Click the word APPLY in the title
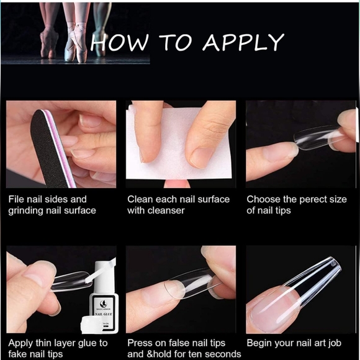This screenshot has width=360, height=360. (x=243, y=42)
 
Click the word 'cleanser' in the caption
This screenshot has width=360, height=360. (x=166, y=210)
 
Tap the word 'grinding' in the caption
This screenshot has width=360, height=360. (x=27, y=210)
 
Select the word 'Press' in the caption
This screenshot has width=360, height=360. (x=140, y=343)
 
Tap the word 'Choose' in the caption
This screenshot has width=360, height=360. (x=263, y=199)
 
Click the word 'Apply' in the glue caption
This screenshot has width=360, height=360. (x=21, y=343)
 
